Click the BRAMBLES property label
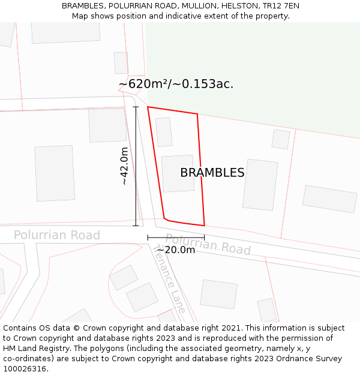click(x=212, y=173)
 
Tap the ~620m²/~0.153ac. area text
click(x=176, y=84)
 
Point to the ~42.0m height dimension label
click(x=124, y=166)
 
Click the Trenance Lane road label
click(x=170, y=280)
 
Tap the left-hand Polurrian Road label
click(x=57, y=235)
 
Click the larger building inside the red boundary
click(x=178, y=173)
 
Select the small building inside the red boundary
click(x=164, y=132)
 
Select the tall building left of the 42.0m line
click(x=55, y=173)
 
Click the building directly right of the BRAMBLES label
click(x=260, y=184)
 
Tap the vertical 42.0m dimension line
click(x=136, y=166)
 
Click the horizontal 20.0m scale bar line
click(x=176, y=238)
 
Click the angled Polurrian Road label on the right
click(x=208, y=244)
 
